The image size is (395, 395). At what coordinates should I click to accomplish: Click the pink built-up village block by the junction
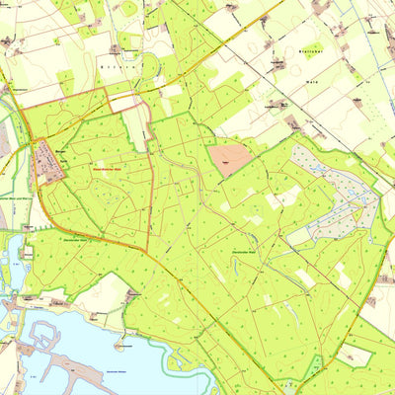48,161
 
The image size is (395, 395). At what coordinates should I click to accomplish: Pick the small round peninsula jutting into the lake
123,346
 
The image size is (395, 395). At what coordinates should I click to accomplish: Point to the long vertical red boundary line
149,188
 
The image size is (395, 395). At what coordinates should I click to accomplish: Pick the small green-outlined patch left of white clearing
314,367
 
